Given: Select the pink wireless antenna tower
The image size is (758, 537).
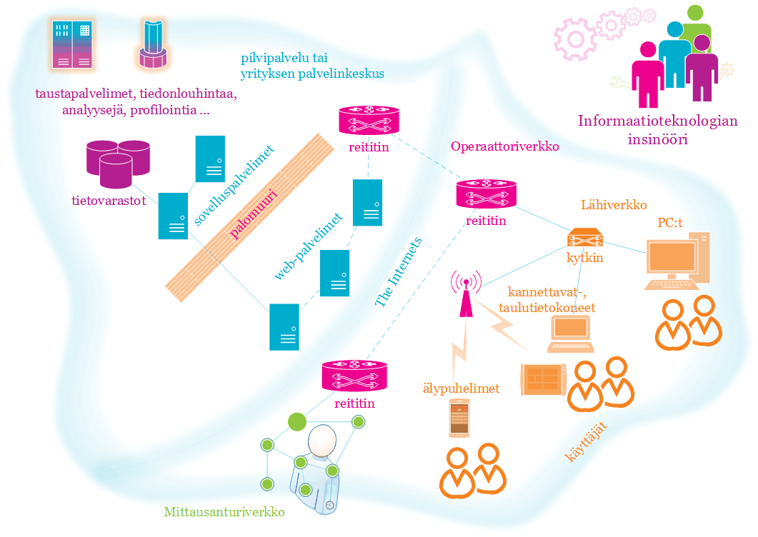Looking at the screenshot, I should [x=466, y=293].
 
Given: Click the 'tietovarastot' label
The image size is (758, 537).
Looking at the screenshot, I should [x=109, y=201].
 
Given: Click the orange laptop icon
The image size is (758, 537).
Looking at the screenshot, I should [x=570, y=333].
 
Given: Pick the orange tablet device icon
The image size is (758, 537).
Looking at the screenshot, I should [x=543, y=379].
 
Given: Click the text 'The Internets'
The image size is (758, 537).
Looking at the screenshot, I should [x=399, y=272].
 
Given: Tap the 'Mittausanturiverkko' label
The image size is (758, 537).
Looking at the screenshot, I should [x=224, y=512].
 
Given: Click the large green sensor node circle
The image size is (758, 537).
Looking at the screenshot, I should [x=296, y=421].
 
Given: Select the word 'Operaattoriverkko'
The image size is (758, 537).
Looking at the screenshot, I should [x=504, y=146].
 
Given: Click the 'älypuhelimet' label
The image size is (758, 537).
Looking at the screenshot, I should [x=461, y=388].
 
